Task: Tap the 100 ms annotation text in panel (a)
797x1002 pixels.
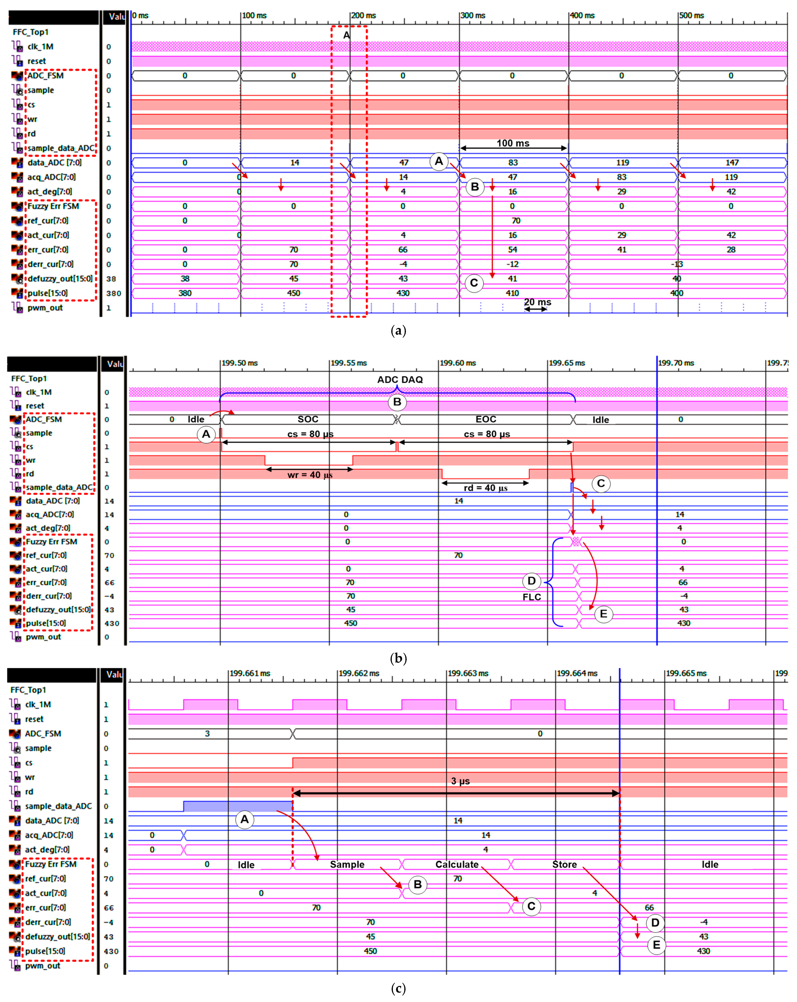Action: tap(513, 143)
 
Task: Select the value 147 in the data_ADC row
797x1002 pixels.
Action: tap(732, 163)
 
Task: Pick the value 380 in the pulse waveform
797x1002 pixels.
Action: tap(185, 293)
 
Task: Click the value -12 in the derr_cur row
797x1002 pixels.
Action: tap(512, 264)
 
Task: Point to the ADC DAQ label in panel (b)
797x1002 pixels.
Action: tap(400, 380)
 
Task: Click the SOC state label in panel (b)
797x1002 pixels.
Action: tap(308, 419)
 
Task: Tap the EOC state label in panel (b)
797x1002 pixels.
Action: tap(486, 419)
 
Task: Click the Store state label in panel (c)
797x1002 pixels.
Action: tap(564, 864)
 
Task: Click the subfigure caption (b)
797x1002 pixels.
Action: tap(398, 659)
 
